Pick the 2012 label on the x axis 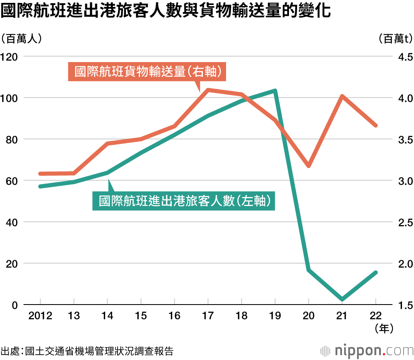[x=40, y=316]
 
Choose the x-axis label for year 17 [x=208, y=316]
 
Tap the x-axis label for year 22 [x=376, y=316]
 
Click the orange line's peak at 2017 [x=208, y=89]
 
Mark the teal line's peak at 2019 [x=275, y=90]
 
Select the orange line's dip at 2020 [x=308, y=166]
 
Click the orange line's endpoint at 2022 [x=376, y=125]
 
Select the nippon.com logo [x=367, y=351]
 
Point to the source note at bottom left [x=87, y=351]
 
